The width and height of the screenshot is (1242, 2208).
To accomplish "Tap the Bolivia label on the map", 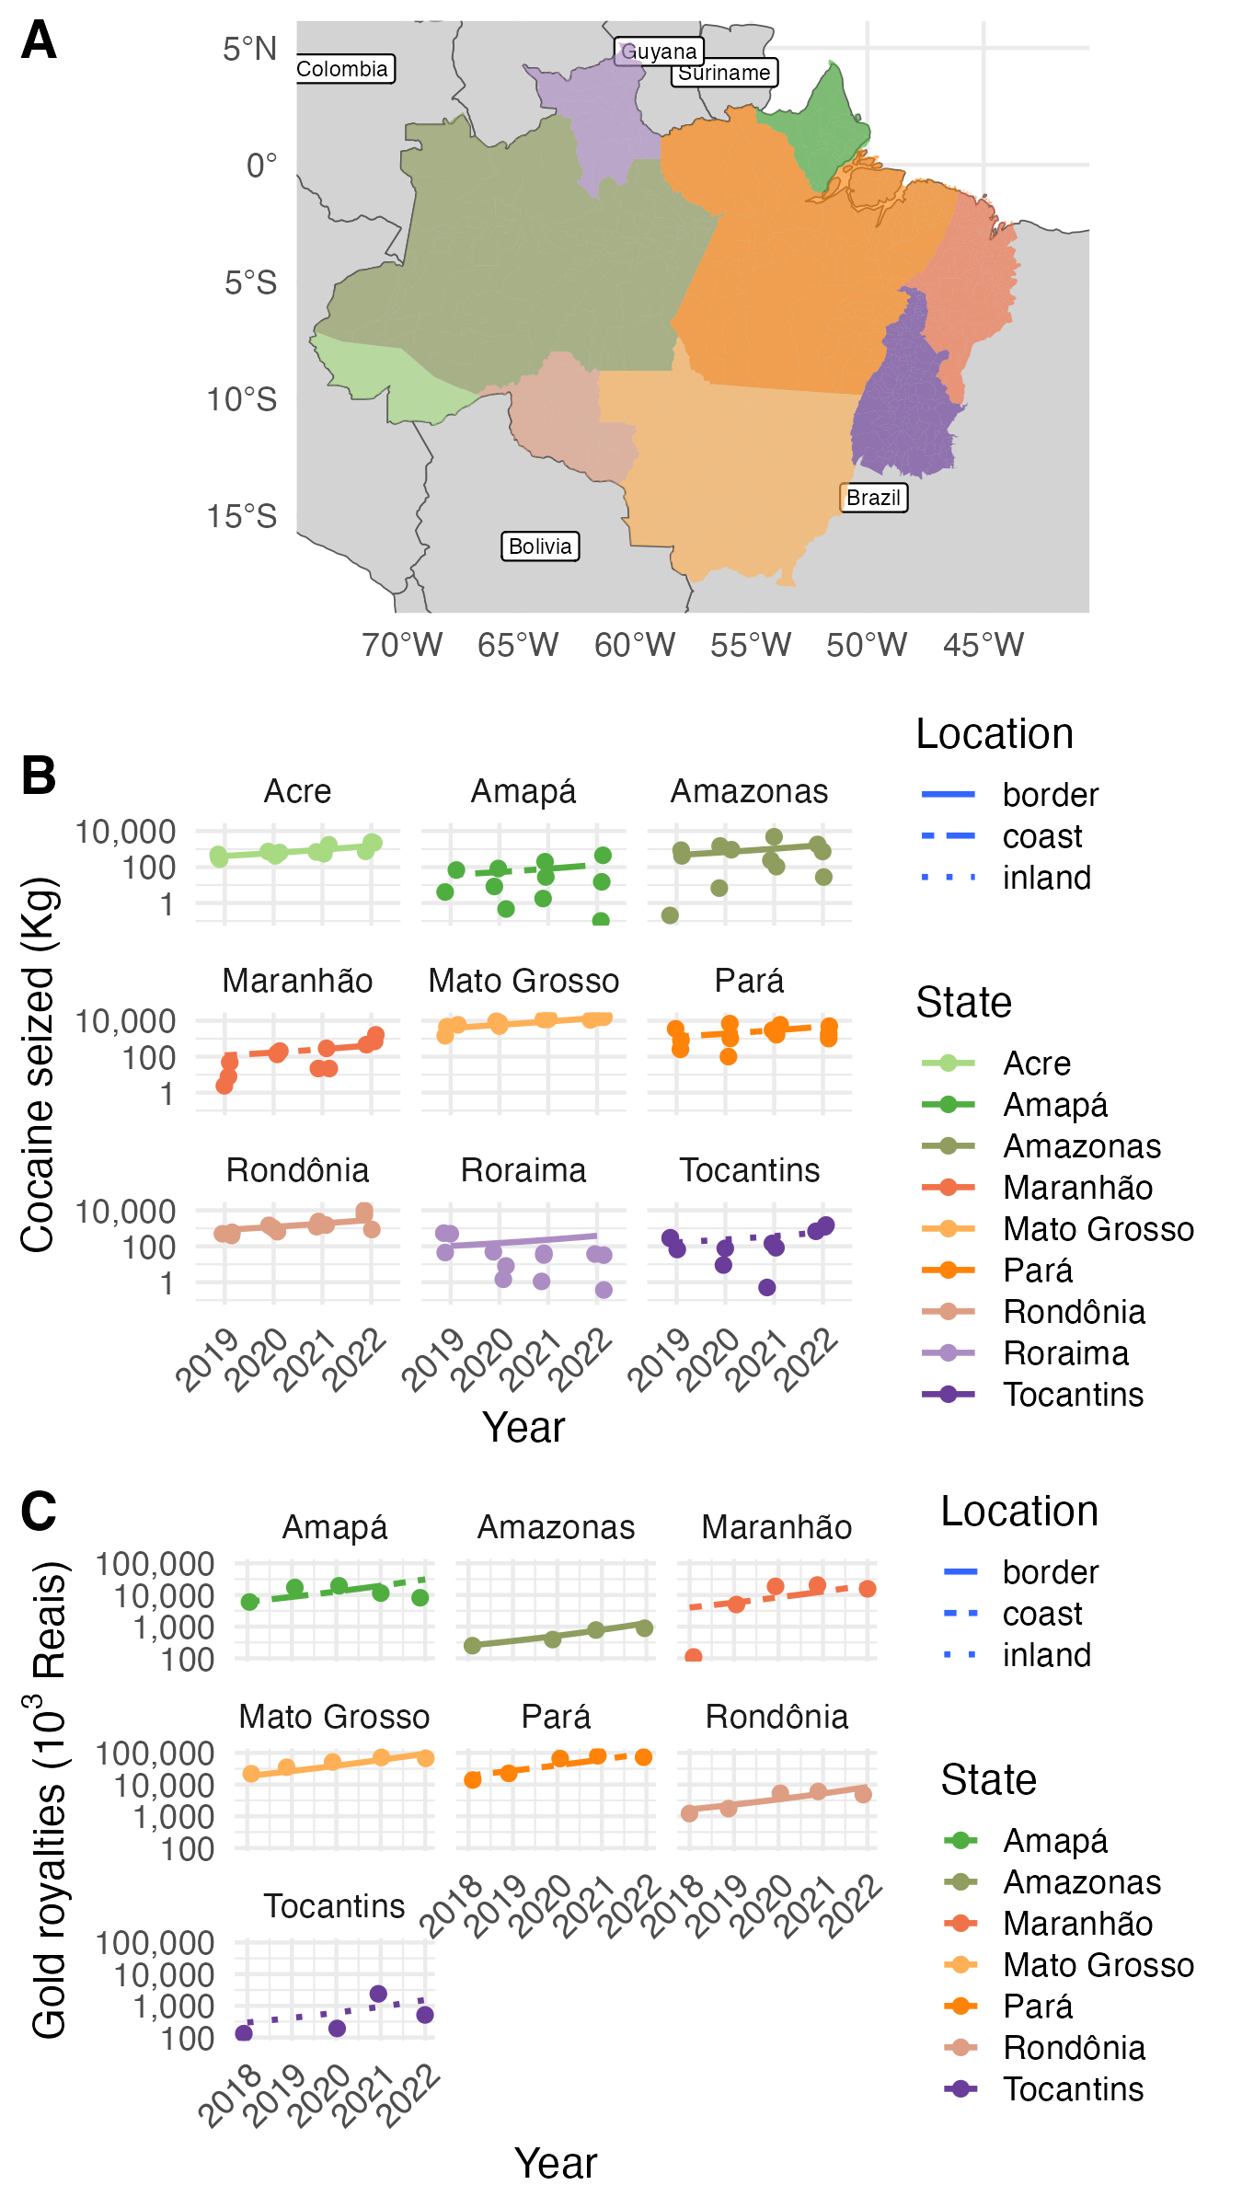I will pyautogui.click(x=540, y=546).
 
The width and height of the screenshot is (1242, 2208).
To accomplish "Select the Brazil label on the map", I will pyautogui.click(x=873, y=498).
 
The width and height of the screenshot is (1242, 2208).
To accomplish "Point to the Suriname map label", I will pyautogui.click(x=724, y=73).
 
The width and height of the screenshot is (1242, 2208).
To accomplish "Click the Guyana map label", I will pyautogui.click(x=659, y=52).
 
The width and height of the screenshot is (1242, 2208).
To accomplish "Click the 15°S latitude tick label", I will pyautogui.click(x=242, y=516).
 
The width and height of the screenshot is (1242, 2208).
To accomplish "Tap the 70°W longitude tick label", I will pyautogui.click(x=402, y=645).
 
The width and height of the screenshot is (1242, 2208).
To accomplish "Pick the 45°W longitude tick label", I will pyautogui.click(x=983, y=645).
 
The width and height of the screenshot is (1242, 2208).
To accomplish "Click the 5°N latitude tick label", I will pyautogui.click(x=249, y=49).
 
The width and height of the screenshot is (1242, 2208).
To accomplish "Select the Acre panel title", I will pyautogui.click(x=297, y=791).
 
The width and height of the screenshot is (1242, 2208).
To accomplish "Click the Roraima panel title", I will pyautogui.click(x=523, y=1170).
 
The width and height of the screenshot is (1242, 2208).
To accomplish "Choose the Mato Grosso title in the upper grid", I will pyautogui.click(x=523, y=981).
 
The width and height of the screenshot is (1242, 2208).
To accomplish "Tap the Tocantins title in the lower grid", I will pyautogui.click(x=334, y=1906).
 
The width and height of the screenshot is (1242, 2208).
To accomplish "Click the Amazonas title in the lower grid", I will pyautogui.click(x=556, y=1527).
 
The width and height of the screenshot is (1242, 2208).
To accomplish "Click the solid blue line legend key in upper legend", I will pyautogui.click(x=948, y=793).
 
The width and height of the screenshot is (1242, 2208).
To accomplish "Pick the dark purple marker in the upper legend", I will pyautogui.click(x=948, y=1394).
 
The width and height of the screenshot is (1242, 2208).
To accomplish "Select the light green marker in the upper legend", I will pyautogui.click(x=948, y=1063).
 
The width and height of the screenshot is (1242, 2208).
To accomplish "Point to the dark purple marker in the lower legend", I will pyautogui.click(x=960, y=2088).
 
